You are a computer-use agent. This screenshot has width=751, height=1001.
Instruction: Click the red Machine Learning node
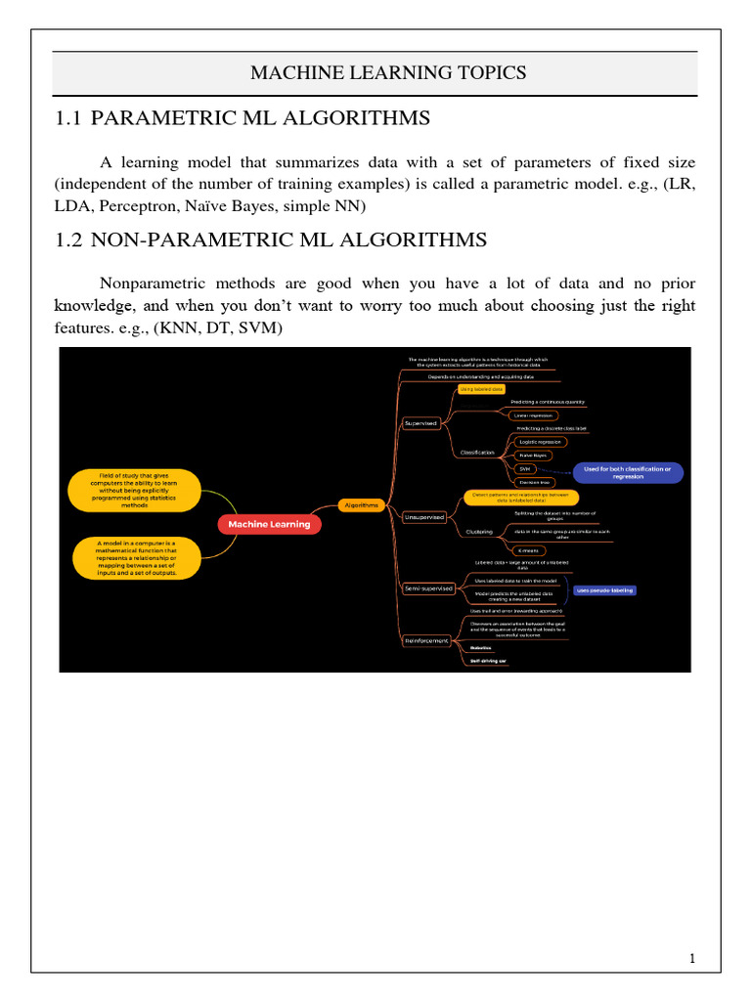[269, 524]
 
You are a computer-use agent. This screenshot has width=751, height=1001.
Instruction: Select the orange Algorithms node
[360, 504]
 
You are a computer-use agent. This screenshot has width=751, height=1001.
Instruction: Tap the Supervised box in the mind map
[420, 423]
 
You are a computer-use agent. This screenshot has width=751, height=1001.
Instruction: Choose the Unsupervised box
[423, 515]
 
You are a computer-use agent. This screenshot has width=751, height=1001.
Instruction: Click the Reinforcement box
[425, 640]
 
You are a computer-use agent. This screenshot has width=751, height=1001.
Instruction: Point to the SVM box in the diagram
[525, 469]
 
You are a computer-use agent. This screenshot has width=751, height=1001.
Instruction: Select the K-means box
[527, 550]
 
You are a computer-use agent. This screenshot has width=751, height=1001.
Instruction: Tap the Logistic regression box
[537, 442]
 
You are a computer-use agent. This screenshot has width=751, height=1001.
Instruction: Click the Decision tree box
[533, 483]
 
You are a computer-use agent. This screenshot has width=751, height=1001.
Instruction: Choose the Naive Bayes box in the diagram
[534, 456]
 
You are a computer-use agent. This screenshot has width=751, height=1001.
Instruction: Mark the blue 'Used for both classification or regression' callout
[628, 473]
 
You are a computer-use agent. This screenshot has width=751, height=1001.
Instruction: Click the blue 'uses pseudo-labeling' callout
[605, 590]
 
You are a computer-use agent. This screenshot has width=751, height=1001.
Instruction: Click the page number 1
[691, 958]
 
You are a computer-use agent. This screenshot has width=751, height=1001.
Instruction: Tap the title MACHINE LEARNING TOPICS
[375, 72]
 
